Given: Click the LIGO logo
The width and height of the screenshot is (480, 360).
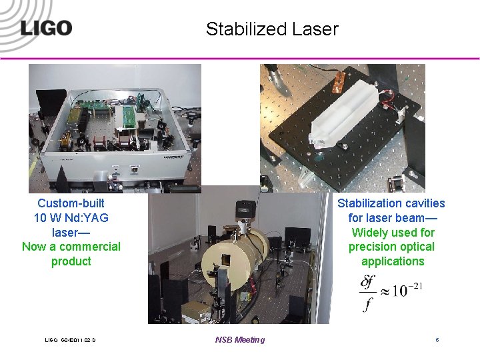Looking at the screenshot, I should click(45, 28).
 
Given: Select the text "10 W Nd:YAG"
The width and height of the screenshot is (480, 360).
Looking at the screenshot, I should click(71, 218).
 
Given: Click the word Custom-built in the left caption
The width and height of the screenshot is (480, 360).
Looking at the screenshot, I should click(71, 203).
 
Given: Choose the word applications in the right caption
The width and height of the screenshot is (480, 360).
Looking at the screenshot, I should click(392, 261).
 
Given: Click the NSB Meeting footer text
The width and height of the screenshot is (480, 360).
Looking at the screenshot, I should click(239, 340).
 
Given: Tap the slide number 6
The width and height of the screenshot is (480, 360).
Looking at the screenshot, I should click(437, 340).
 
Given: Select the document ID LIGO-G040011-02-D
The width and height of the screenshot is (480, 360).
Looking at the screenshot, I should click(70, 340).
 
